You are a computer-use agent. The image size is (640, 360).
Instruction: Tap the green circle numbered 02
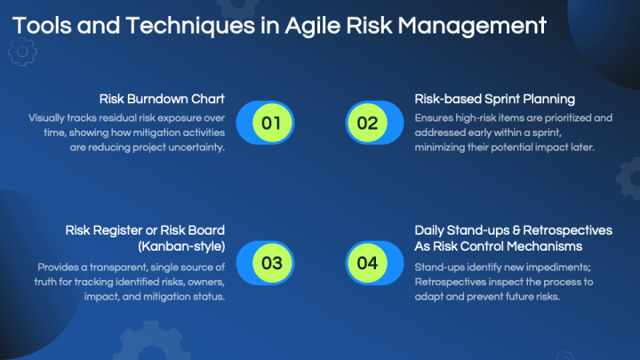[367, 123]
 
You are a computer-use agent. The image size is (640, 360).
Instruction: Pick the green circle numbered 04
[367, 263]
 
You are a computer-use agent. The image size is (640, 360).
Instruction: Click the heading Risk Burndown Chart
[164, 99]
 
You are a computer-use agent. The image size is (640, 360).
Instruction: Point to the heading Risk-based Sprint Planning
[495, 99]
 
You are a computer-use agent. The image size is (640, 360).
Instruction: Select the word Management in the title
[484, 25]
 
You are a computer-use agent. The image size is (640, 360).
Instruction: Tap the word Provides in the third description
[59, 267]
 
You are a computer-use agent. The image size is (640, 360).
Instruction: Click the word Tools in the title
[42, 25]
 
